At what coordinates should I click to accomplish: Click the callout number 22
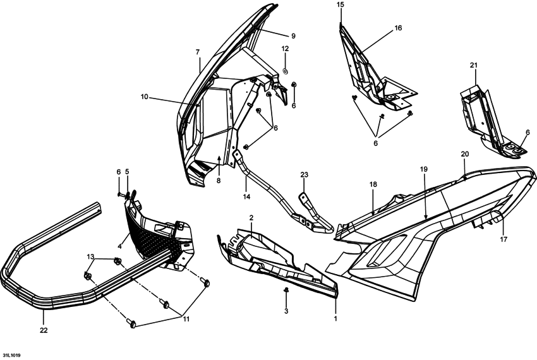(x=44, y=330)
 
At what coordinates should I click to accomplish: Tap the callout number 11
(x=186, y=319)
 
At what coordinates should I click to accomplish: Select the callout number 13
(x=90, y=256)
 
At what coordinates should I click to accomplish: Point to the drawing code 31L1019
(x=11, y=356)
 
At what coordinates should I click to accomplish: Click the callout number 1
(x=335, y=318)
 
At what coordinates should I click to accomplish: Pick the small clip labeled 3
(x=286, y=291)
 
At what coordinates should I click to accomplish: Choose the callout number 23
(x=304, y=175)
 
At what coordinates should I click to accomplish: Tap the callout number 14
(x=246, y=196)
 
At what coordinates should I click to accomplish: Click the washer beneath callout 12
(x=285, y=71)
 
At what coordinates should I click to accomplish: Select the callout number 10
(x=144, y=97)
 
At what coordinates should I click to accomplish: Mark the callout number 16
(x=398, y=28)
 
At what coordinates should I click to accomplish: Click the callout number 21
(x=474, y=65)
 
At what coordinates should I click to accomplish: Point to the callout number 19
(x=424, y=169)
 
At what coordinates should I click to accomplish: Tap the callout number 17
(x=504, y=239)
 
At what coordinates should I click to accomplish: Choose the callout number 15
(x=340, y=4)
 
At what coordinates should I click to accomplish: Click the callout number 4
(x=119, y=246)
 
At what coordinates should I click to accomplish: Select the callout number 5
(x=127, y=171)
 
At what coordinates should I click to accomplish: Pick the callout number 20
(x=465, y=154)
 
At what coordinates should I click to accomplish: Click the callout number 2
(x=251, y=218)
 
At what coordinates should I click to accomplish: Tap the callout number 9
(x=293, y=36)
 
